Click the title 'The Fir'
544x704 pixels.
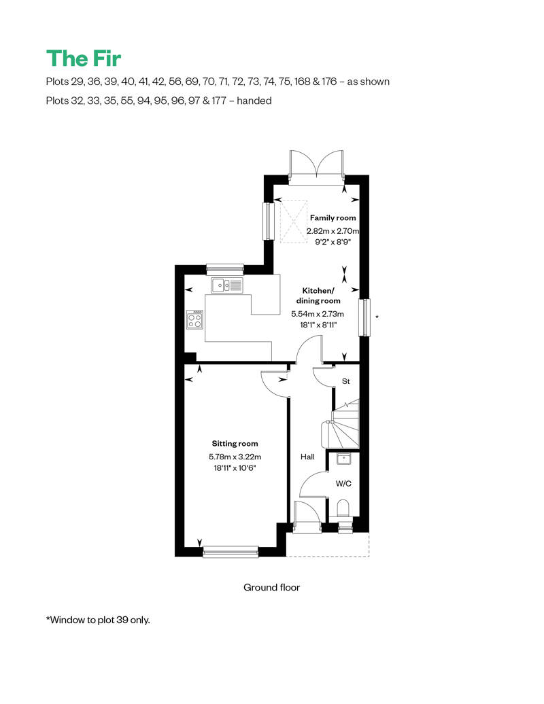click(x=84, y=58)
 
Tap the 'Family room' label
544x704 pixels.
click(x=333, y=217)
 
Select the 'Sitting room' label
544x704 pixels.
click(x=235, y=444)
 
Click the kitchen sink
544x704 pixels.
click(x=227, y=285)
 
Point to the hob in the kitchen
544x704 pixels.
click(x=195, y=319)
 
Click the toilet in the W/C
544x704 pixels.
click(x=343, y=508)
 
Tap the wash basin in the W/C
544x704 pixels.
click(x=343, y=459)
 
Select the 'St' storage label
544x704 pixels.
click(x=346, y=381)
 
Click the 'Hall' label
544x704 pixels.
click(x=307, y=457)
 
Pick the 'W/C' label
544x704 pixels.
click(x=343, y=484)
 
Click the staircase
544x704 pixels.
click(x=341, y=423)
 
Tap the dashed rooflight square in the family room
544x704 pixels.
click(x=294, y=221)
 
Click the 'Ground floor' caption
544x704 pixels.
click(x=272, y=587)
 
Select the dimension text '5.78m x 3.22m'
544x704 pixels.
click(x=235, y=457)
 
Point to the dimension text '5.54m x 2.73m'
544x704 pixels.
click(x=318, y=314)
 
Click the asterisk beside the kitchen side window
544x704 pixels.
click(x=377, y=317)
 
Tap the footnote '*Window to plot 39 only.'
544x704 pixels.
click(x=98, y=620)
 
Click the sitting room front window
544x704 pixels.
click(x=231, y=551)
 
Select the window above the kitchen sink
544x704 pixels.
click(x=225, y=269)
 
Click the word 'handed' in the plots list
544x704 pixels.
click(x=254, y=101)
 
